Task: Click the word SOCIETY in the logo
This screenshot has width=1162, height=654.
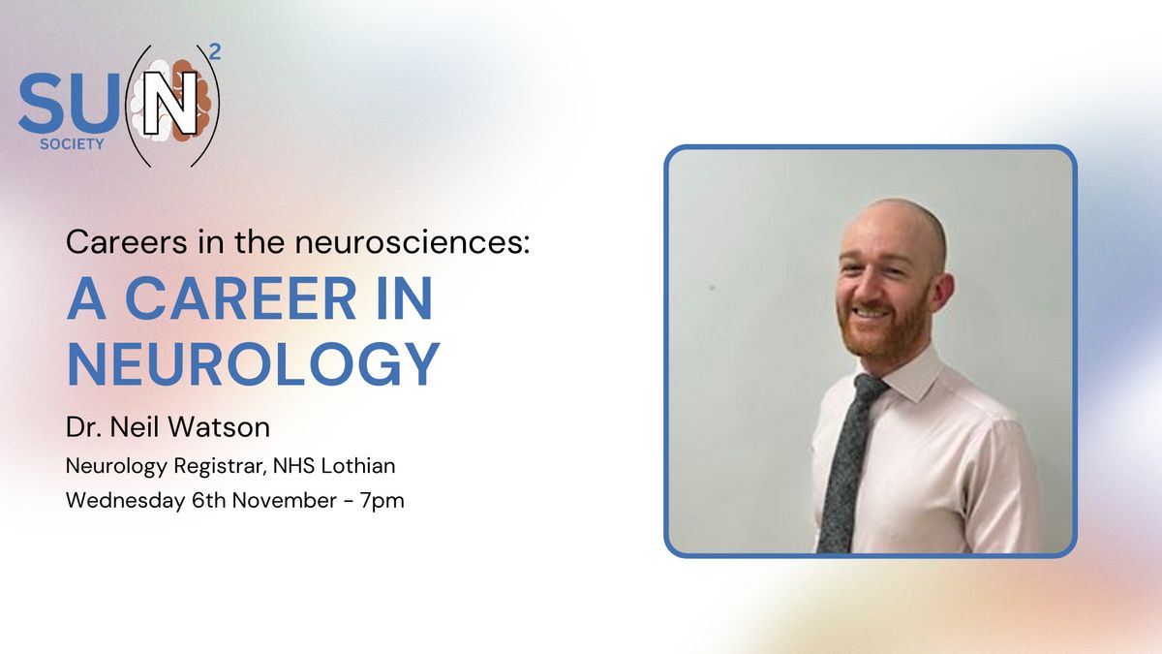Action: [72, 144]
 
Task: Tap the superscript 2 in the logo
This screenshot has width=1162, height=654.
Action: [215, 52]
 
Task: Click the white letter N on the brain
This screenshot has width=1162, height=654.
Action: [170, 103]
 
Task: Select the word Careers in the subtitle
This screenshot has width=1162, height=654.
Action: [127, 242]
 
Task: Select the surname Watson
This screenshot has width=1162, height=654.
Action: [219, 427]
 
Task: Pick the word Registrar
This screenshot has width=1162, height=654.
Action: [221, 466]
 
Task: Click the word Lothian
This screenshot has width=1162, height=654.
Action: [358, 466]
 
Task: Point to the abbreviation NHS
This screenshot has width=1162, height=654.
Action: [293, 466]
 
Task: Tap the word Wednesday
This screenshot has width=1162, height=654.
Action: [125, 501]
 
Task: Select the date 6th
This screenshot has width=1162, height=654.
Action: [208, 500]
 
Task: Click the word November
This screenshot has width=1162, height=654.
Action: [285, 500]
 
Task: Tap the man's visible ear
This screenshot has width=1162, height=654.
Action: [941, 294]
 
